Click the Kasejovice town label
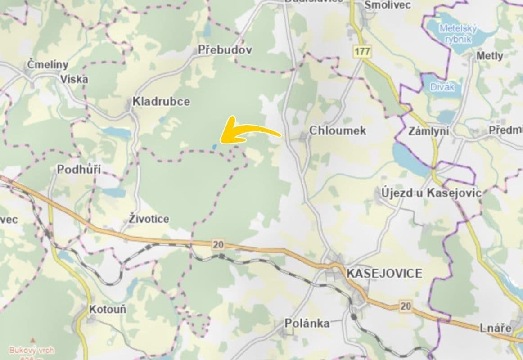point(384,273)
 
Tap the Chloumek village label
point(338,130)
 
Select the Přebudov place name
point(225,50)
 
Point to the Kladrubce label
point(161,102)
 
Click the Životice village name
point(149,219)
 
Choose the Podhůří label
point(79,170)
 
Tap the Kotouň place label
point(108,310)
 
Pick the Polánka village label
point(307,323)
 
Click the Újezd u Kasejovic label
point(431,193)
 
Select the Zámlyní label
point(429,130)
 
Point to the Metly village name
point(490,56)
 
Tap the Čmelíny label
point(48,64)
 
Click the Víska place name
point(75,79)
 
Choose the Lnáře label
point(496,328)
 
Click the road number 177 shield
point(362,51)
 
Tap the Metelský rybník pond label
point(458,34)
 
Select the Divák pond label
point(442,87)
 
